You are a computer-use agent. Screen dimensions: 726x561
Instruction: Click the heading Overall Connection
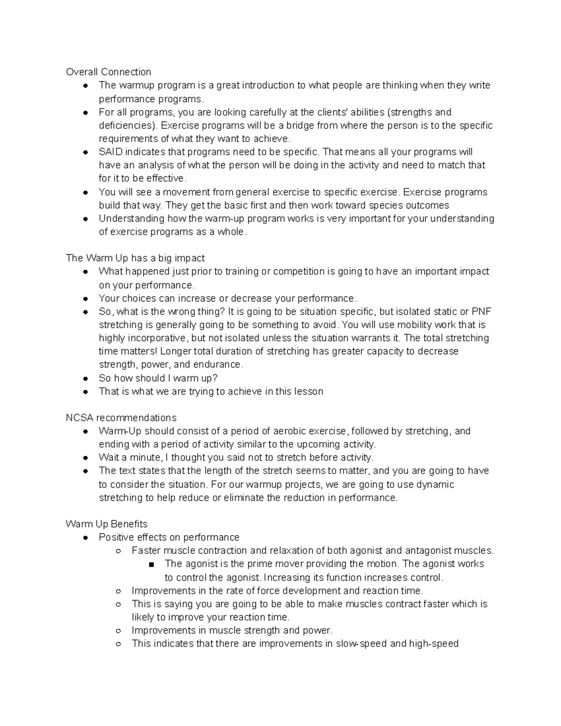point(108,72)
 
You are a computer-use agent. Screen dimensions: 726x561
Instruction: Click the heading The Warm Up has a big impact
point(135,258)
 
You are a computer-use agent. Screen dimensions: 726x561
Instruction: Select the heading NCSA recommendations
point(121,417)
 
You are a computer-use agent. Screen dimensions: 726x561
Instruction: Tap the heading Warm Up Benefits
point(107,524)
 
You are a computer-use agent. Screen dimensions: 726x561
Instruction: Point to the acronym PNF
point(482,312)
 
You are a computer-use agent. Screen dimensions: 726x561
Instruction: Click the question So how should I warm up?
point(158,378)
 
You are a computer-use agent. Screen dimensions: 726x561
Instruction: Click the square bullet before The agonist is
point(151,564)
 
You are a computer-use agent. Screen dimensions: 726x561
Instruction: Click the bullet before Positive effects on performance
point(86,538)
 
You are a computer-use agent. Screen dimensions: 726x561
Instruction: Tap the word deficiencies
point(126,125)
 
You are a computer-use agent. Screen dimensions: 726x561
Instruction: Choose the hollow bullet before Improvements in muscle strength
point(119,631)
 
